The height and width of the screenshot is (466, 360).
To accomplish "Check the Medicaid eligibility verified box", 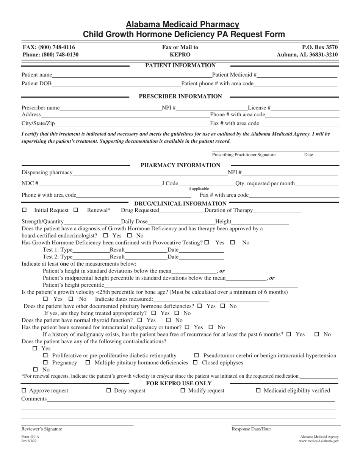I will click(x=258, y=391).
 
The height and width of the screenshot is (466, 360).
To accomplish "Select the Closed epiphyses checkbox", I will click(x=196, y=363).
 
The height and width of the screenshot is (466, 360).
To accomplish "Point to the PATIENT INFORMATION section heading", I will click(x=180, y=66).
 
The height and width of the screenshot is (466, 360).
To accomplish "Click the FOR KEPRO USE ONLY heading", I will click(x=179, y=383).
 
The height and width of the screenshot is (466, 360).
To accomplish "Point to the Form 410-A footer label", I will click(x=30, y=436).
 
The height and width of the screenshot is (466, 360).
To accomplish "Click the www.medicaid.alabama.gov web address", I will click(x=319, y=441).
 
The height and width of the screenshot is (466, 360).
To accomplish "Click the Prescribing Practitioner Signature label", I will click(x=244, y=155).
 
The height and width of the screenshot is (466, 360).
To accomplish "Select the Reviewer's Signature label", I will click(x=42, y=429).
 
